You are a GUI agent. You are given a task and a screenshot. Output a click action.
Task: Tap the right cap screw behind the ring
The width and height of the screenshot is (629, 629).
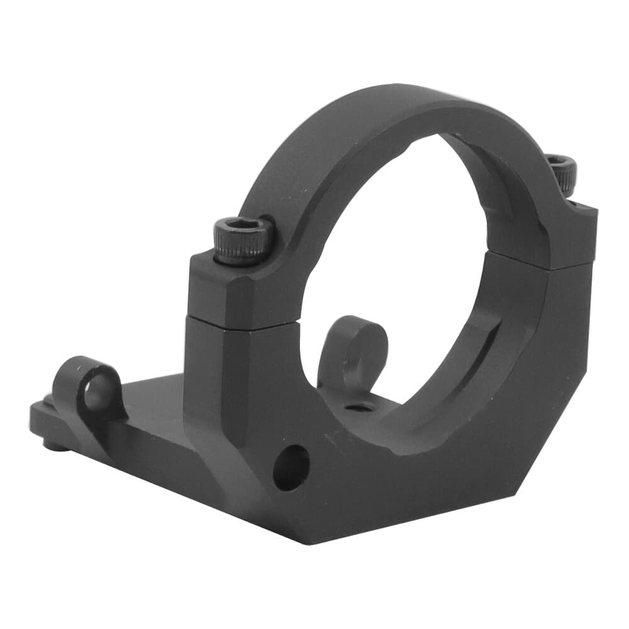coord(562,172)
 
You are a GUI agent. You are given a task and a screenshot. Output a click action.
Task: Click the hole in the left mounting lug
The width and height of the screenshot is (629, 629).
coord(95,393)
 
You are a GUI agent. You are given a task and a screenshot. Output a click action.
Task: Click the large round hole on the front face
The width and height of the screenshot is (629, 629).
coord(291,467)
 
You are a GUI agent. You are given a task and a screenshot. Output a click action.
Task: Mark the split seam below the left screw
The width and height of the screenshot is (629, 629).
coord(239,321)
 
